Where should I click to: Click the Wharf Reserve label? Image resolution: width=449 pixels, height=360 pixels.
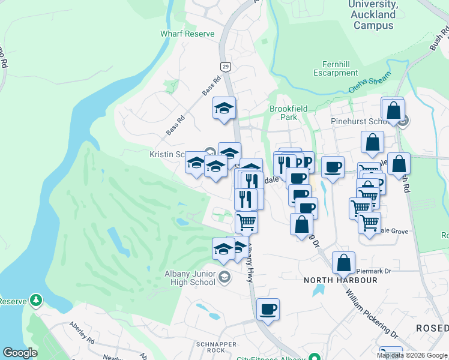coord(187,34)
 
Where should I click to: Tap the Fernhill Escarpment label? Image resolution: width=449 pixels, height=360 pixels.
coord(336,68)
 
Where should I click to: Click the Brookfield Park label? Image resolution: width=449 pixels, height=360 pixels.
coord(288,113)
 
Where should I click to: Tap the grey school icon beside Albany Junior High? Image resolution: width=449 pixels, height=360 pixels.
coord(224,277)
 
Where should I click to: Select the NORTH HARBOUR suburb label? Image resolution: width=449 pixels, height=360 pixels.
coord(340,280)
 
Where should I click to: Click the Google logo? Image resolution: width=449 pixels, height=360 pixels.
coord(20,353)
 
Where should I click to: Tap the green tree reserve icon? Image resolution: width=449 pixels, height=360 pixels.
coord(37,299)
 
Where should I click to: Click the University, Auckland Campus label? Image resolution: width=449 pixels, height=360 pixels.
coord(373,15)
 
